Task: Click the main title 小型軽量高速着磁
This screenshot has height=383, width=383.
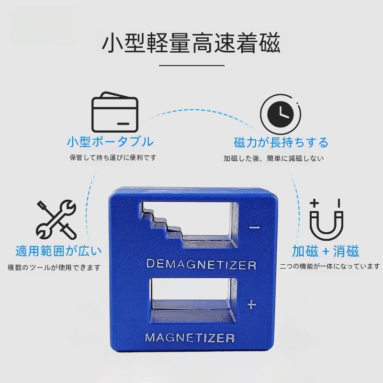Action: [191, 43]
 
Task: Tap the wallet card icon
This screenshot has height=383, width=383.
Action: [115, 112]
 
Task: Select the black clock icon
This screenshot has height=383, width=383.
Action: [281, 114]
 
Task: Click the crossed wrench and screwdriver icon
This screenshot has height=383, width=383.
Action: [56, 220]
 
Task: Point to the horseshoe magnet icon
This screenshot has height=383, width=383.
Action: [327, 220]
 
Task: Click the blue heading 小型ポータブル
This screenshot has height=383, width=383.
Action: [110, 142]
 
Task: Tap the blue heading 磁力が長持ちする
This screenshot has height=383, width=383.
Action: [281, 142]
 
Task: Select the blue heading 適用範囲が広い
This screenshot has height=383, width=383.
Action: [58, 251]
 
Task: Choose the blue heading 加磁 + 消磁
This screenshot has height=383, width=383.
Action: [326, 251]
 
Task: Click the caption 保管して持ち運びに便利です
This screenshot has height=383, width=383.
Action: [113, 158]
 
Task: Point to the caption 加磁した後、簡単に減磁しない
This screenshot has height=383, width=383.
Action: [273, 158]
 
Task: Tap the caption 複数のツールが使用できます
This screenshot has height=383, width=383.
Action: [54, 268]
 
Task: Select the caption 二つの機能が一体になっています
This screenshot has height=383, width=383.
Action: [330, 266]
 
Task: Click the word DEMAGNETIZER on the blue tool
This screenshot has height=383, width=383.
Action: [201, 264]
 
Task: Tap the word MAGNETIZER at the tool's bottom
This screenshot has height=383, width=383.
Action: [190, 338]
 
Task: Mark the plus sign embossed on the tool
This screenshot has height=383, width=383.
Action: [252, 304]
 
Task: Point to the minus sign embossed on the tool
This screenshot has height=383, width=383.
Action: [254, 227]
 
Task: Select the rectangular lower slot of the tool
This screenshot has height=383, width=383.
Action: [193, 300]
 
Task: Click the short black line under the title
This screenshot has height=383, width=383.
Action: [192, 66]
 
